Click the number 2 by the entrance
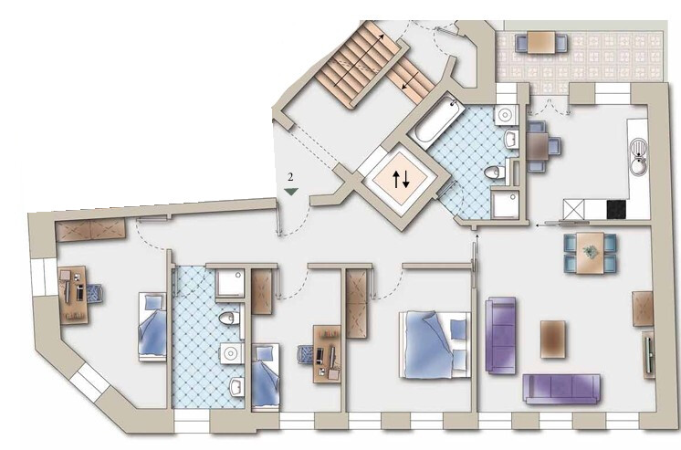pos(290,177)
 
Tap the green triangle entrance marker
pos(290,191)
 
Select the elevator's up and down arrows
pos(402,179)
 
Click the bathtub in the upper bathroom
pos(436,119)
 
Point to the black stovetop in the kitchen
pos(616,209)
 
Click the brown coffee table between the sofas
pos(553,340)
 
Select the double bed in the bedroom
pos(435,344)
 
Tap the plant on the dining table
pos(590,251)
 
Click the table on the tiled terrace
pos(541,42)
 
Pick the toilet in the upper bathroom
pos(496,172)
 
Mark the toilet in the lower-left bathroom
pos(229,318)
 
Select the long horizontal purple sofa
pos(562,389)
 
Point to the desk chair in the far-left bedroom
pos(94,293)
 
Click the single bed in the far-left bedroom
pos(152,327)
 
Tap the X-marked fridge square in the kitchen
pos(573,210)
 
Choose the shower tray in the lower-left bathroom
pos(230,284)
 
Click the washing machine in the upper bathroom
pos(506,116)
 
